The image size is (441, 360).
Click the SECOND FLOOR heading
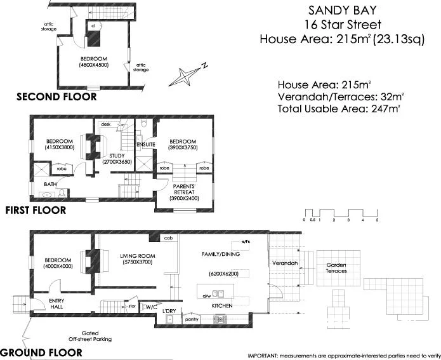(56, 97)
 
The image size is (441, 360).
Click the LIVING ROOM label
(137, 257)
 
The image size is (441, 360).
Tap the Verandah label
(284, 262)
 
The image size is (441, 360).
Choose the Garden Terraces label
(336, 267)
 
